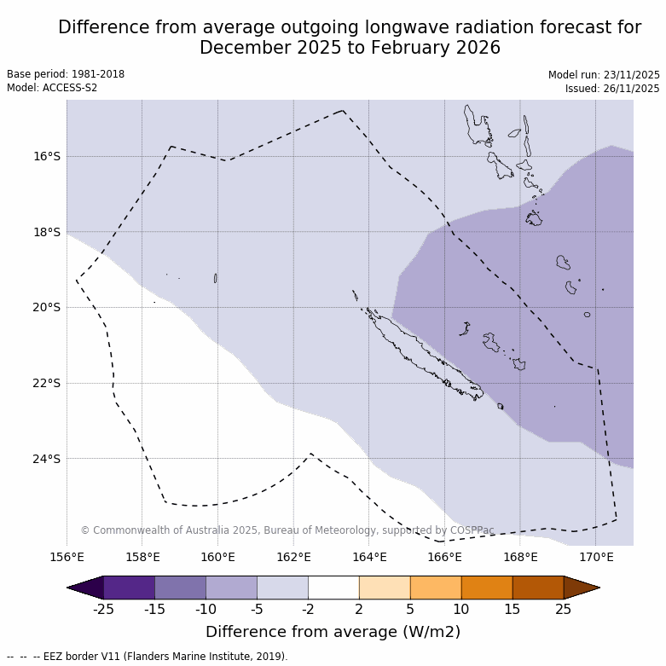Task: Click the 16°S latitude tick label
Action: [x=47, y=156]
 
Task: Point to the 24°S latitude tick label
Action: [x=47, y=459]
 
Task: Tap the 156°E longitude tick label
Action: [x=67, y=558]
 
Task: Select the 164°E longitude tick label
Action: [x=369, y=558]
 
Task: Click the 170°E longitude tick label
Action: [x=596, y=558]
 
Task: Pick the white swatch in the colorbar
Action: [x=333, y=588]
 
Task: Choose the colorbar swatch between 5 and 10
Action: [x=436, y=588]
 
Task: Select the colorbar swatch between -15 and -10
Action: [x=180, y=588]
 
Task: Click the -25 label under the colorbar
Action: [x=103, y=609]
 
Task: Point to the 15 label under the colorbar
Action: [x=513, y=609]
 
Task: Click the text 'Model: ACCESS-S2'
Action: [x=52, y=88]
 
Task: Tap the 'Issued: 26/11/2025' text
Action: [x=612, y=89]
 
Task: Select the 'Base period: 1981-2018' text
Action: [x=66, y=74]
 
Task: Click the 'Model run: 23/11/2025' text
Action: [x=604, y=75]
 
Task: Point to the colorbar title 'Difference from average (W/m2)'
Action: [x=333, y=632]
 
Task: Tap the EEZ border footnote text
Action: [x=148, y=657]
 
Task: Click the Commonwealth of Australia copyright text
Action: [x=287, y=530]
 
